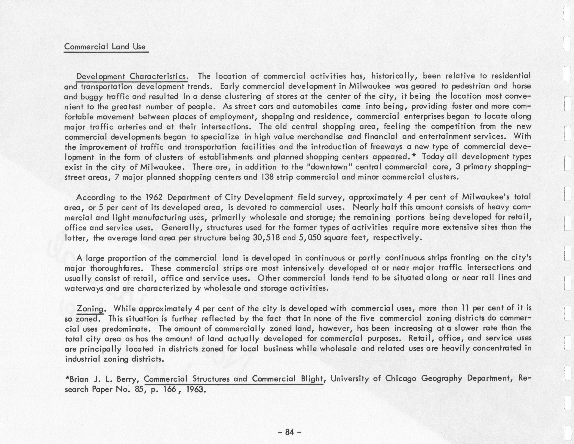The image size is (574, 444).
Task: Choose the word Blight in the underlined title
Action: click(311, 379)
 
